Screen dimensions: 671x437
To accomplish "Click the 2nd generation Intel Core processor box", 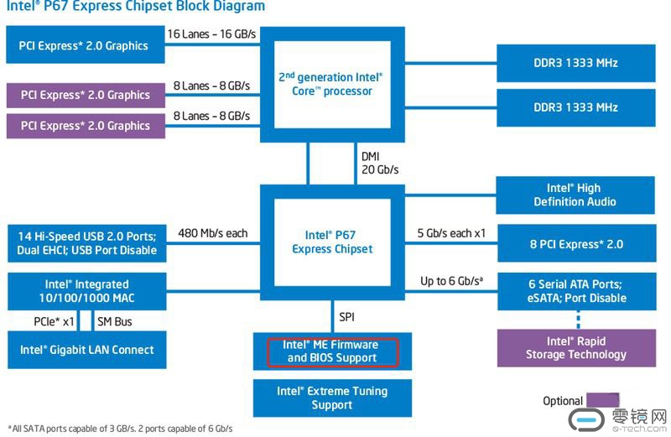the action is (x=332, y=85).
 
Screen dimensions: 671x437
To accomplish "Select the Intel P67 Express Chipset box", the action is (x=332, y=242).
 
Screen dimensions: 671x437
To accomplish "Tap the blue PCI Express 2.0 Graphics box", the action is (x=86, y=45).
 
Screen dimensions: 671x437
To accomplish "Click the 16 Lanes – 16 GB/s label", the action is (x=211, y=34).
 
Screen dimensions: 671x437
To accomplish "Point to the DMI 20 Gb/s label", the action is (x=380, y=163).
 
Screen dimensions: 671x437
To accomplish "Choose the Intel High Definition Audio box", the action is (x=575, y=195).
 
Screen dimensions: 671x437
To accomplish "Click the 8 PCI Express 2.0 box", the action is (x=576, y=243).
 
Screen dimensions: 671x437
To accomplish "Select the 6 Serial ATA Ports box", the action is (x=576, y=291).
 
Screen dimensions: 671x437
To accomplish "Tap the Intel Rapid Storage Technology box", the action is (x=576, y=347).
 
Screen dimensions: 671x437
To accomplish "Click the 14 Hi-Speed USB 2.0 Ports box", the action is (x=87, y=243).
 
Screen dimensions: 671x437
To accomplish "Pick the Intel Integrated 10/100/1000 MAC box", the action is (x=87, y=291).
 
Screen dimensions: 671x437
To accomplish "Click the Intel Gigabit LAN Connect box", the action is (x=87, y=350).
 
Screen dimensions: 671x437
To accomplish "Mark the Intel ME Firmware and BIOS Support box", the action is (x=332, y=351).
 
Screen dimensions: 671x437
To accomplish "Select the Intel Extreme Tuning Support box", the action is (x=332, y=398).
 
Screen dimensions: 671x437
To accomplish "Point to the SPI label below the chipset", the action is (x=346, y=317).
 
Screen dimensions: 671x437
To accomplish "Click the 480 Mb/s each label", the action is (x=213, y=233).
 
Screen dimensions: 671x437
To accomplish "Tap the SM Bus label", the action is (x=115, y=321).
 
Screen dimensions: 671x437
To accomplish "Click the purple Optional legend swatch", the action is (x=602, y=400).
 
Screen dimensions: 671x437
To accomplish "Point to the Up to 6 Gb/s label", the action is (x=451, y=281).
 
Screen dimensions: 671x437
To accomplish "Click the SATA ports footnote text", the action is (x=120, y=429).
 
